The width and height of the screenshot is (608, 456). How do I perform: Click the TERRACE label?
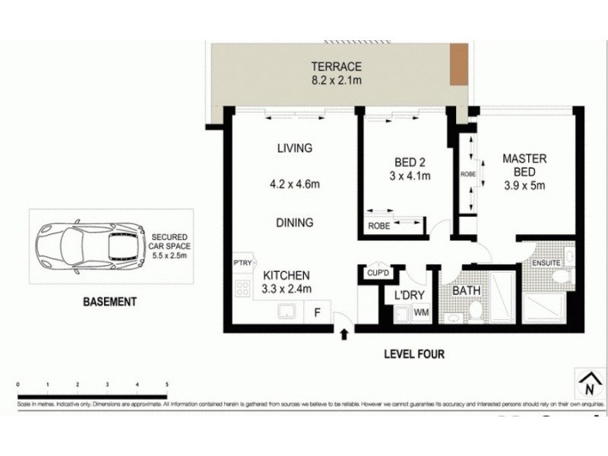point(335,66)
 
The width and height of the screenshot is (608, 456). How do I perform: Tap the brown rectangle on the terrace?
point(458,65)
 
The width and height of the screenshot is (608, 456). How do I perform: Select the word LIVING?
point(294,148)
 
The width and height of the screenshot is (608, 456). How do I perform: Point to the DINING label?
point(294,223)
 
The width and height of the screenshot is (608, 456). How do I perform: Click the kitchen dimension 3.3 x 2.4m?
point(287,289)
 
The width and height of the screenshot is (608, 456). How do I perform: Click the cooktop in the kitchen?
point(243,288)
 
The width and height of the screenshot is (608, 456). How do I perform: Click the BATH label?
point(464,290)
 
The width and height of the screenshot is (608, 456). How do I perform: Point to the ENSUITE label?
point(546,263)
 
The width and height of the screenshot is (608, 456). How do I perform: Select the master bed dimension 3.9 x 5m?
point(524,185)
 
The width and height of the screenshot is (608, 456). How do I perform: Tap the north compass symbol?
point(587,382)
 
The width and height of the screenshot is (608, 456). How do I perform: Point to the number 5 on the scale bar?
point(166,385)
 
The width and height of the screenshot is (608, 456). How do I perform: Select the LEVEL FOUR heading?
point(414,354)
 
